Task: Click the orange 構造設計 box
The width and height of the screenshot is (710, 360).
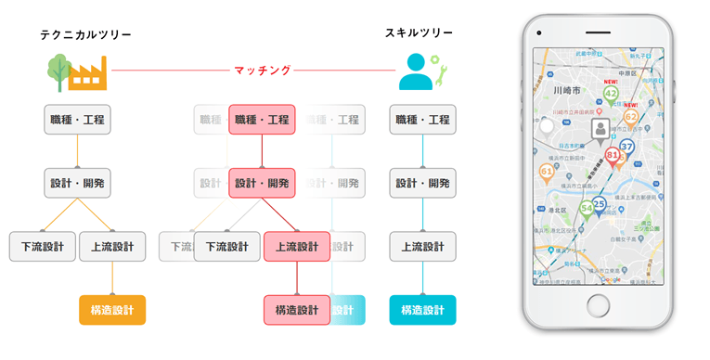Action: [x=112, y=309]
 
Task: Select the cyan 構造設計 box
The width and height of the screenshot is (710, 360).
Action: [x=422, y=309]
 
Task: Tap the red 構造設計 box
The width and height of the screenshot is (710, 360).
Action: [x=296, y=309]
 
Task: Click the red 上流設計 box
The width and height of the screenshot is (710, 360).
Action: [x=296, y=246]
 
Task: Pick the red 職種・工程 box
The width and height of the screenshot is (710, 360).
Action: [x=262, y=119]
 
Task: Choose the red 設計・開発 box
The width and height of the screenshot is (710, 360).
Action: [x=262, y=183]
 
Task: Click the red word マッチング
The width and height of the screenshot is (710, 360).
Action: [x=262, y=70]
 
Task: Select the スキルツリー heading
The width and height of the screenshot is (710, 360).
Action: [x=419, y=32]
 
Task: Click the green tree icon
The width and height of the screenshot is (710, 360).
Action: [x=58, y=71]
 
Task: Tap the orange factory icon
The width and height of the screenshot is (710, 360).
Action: [x=89, y=72]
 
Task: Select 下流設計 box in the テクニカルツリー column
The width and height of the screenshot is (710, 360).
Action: [x=42, y=246]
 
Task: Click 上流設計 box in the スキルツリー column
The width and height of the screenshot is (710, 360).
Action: [x=422, y=246]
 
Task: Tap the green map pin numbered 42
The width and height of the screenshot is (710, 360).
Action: [x=611, y=94]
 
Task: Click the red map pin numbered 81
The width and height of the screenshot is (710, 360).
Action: [x=613, y=156]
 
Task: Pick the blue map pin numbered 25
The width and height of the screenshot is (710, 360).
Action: [x=599, y=204]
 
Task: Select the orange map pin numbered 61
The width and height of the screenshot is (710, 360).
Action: [x=546, y=172]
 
